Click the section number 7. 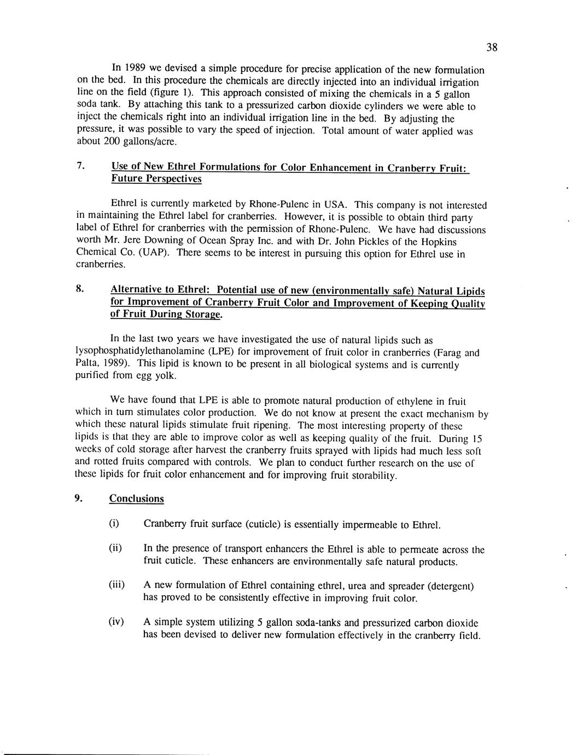pyautogui.click(x=80, y=165)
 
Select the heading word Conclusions pyautogui.click(x=137, y=498)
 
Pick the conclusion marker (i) pyautogui.click(x=114, y=523)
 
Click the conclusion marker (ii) pyautogui.click(x=115, y=548)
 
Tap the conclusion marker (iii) pyautogui.click(x=116, y=585)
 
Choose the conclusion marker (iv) pyautogui.click(x=116, y=622)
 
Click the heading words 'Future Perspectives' pyautogui.click(x=156, y=178)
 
